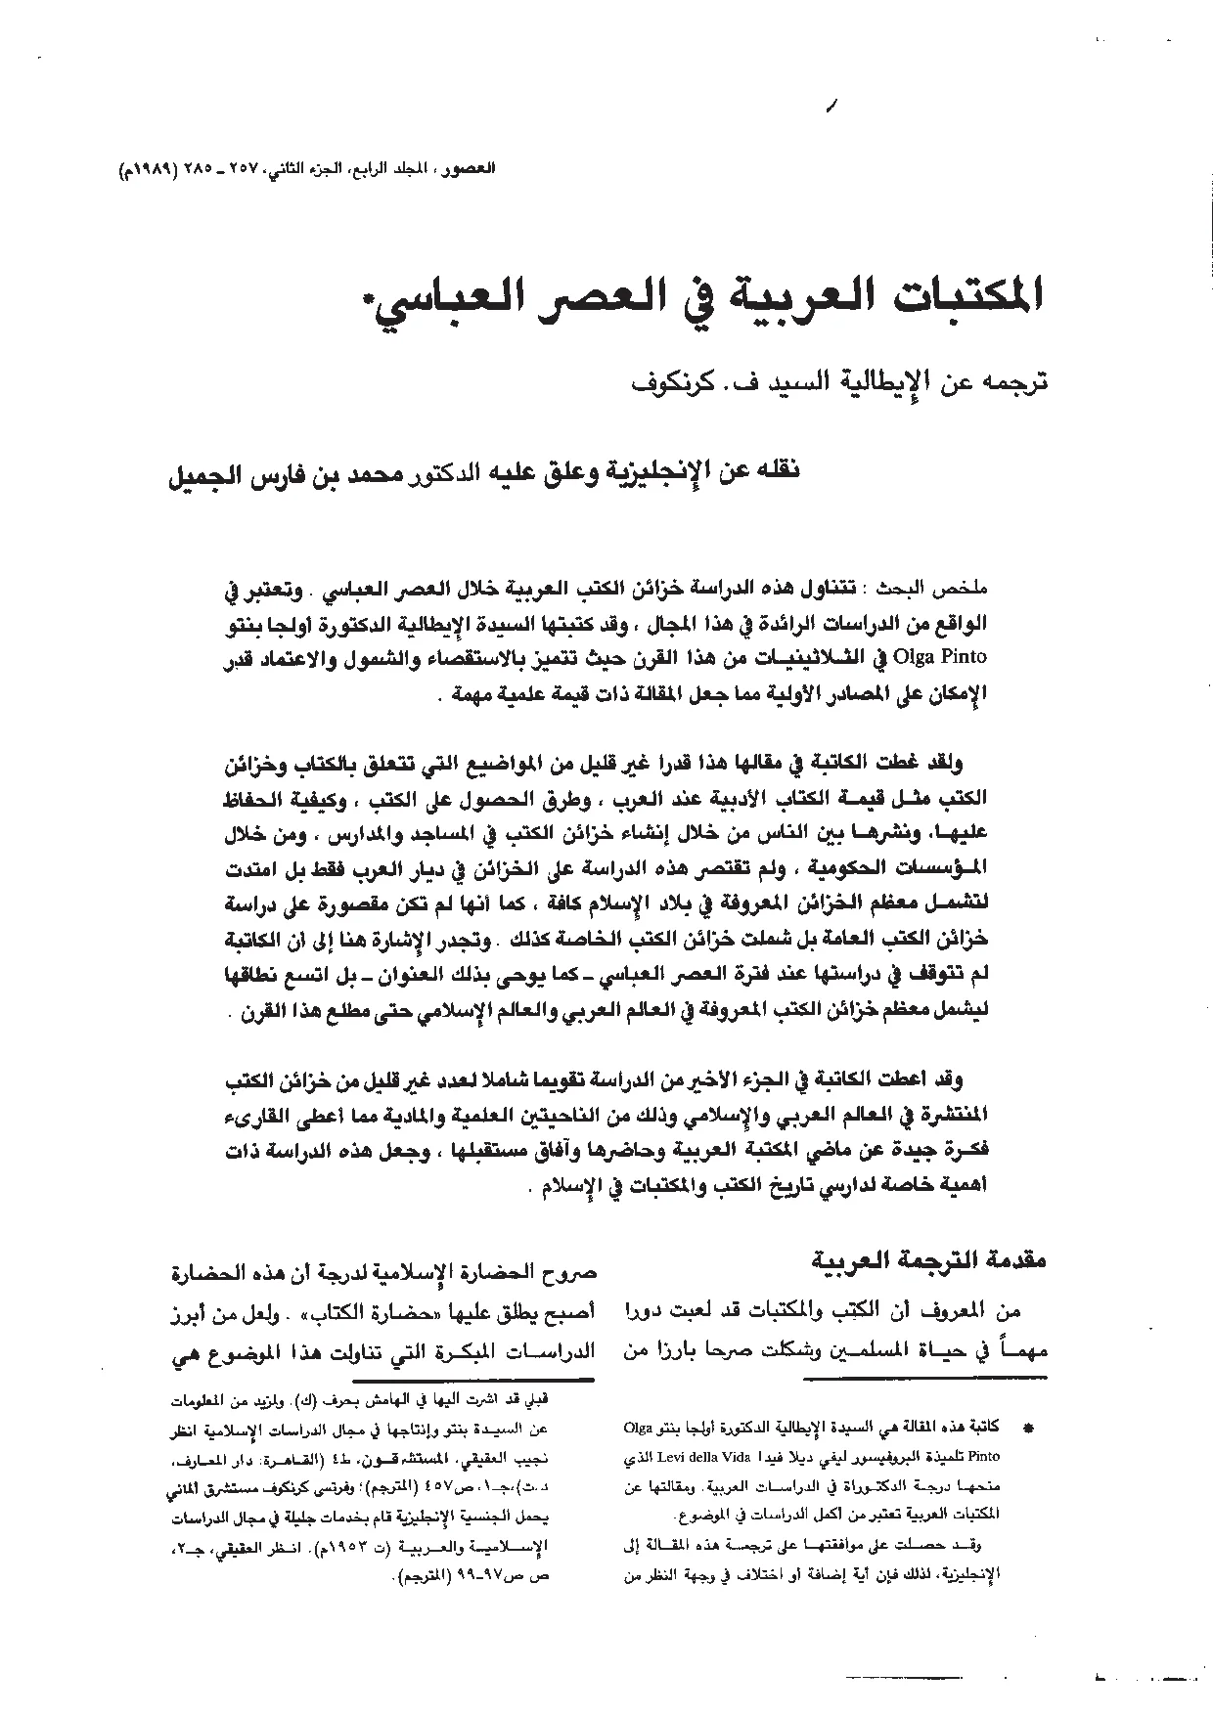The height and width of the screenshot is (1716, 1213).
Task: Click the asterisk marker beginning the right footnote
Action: tap(1026, 1430)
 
